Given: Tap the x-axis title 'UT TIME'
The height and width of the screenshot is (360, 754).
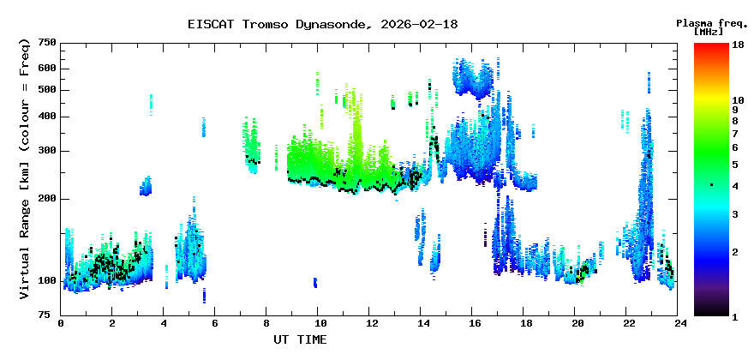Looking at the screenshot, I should click(299, 339).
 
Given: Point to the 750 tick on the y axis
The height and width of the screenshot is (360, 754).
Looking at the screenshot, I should click(47, 43).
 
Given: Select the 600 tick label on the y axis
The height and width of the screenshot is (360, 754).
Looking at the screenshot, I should click(47, 69).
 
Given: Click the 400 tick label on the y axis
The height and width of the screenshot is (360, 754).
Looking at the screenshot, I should click(47, 117).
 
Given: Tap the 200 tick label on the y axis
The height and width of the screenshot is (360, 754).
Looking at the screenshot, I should click(47, 199).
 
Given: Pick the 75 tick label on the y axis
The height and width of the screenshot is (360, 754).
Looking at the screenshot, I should click(50, 315).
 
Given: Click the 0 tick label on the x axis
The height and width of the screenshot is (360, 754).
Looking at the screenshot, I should click(61, 323).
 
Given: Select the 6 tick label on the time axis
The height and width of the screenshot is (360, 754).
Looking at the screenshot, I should click(215, 323).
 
